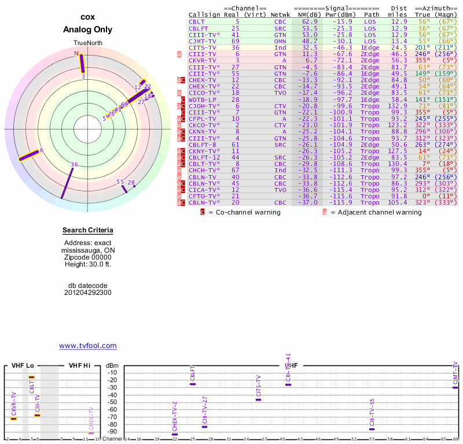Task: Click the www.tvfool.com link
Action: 88,346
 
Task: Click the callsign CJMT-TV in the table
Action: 201,41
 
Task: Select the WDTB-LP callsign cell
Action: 201,99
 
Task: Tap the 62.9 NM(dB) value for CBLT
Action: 308,21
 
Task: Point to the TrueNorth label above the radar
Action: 87,43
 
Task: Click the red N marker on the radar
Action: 76,53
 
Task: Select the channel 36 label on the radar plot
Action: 74,165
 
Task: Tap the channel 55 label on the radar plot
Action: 120,182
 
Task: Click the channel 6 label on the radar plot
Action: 42,150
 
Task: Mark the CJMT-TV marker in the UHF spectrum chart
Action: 455,387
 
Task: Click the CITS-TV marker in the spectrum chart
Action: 258,399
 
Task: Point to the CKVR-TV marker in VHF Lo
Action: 13,419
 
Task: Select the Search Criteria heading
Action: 87,231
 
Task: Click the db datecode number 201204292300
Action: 87,293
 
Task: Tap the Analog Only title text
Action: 87,29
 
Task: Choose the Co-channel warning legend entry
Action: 244,212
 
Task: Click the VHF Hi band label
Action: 80,365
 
